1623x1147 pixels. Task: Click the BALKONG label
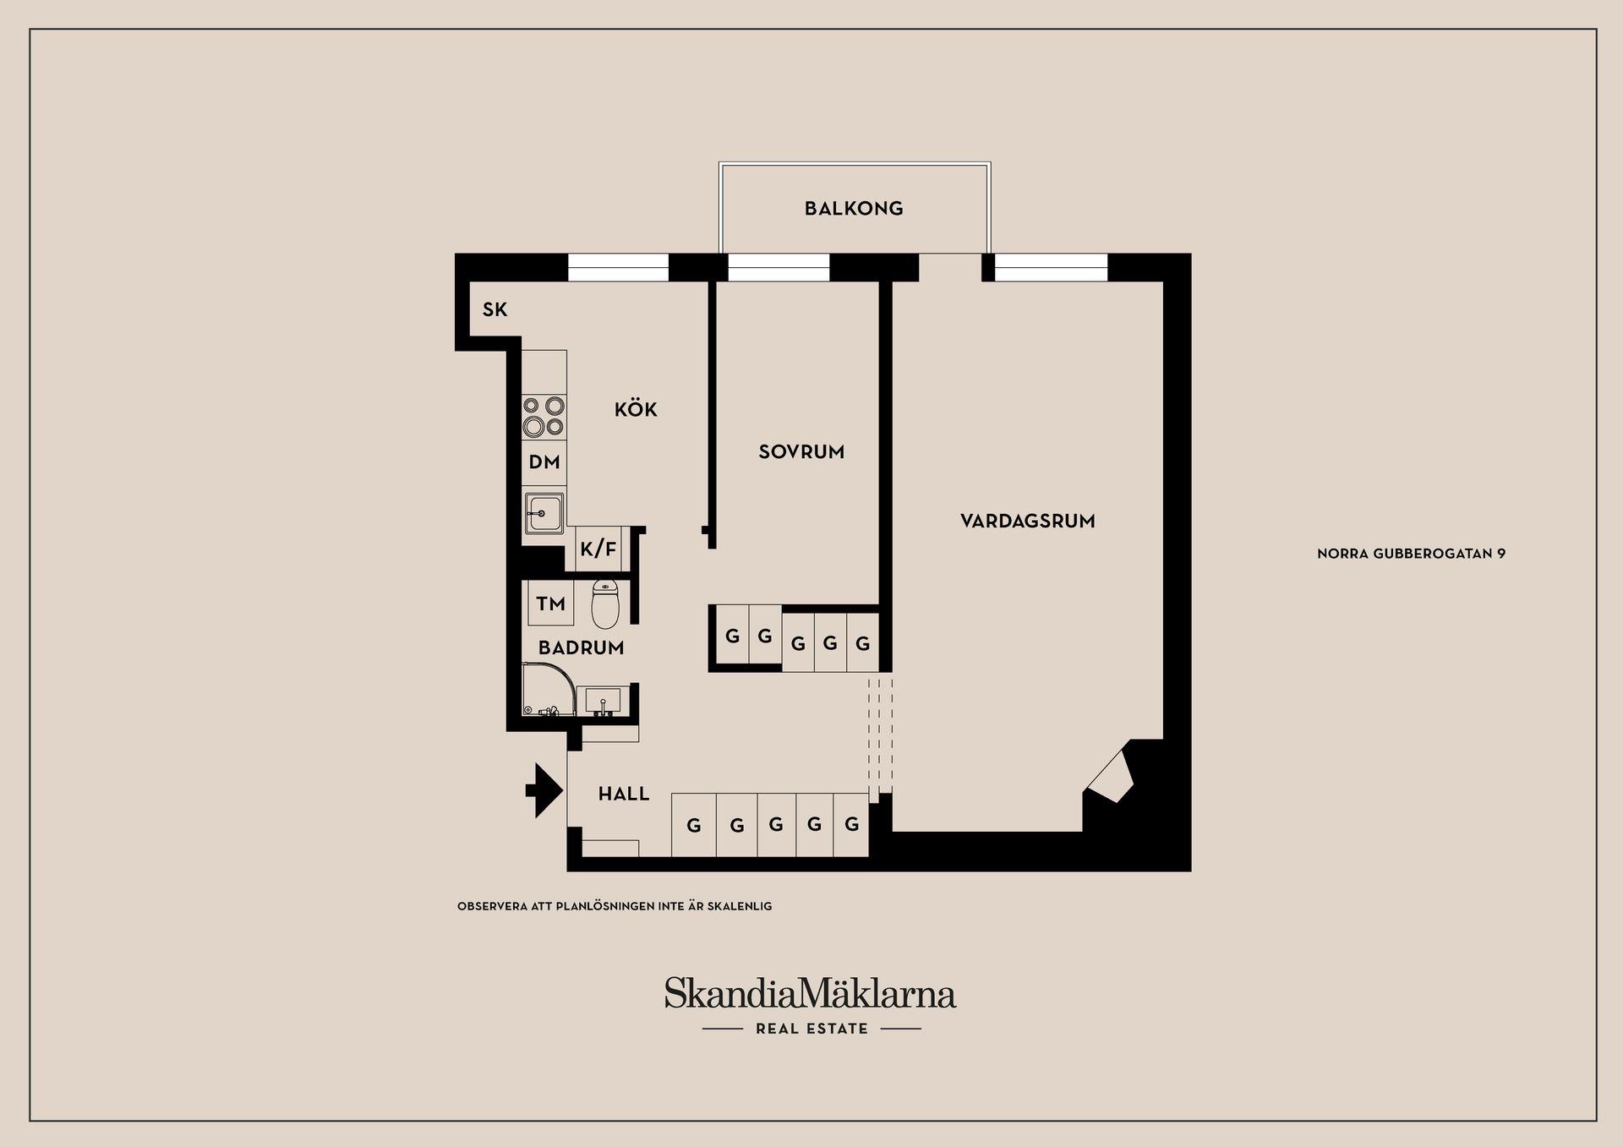(x=854, y=209)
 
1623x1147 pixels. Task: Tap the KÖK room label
(x=636, y=410)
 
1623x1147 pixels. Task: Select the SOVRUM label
(x=801, y=452)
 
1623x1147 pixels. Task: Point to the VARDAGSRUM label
(x=1027, y=522)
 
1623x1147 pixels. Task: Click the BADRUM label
(x=581, y=648)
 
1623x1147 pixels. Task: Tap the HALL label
(x=624, y=795)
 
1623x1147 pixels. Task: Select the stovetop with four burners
(x=544, y=416)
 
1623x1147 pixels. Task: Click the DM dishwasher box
(x=544, y=462)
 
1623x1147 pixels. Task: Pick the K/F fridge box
(x=598, y=549)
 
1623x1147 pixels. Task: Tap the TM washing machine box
(x=550, y=604)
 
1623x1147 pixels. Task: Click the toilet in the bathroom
(x=605, y=604)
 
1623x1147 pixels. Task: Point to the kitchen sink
(x=544, y=512)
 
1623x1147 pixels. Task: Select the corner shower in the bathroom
(x=547, y=690)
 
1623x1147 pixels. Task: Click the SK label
(x=495, y=310)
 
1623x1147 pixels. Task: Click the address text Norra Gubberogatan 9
(x=1411, y=554)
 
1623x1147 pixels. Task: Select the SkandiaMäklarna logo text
(x=810, y=993)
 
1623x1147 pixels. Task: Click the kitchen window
(x=618, y=267)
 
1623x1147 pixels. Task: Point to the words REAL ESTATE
(x=811, y=1029)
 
